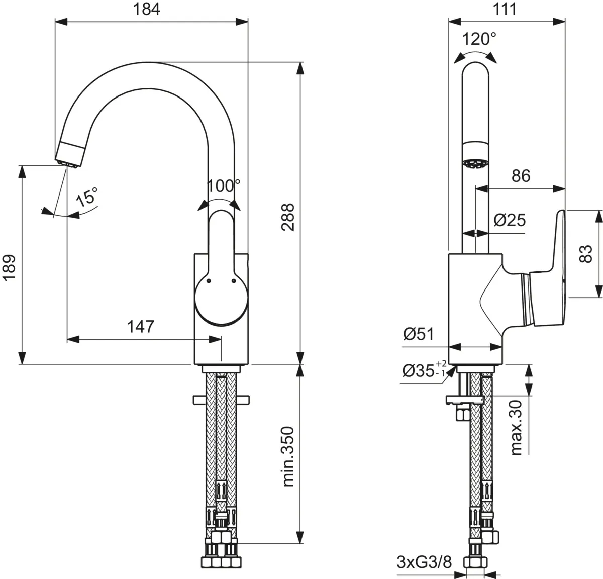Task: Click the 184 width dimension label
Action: click(146, 9)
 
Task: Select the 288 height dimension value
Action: click(287, 217)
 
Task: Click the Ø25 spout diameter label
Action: click(509, 220)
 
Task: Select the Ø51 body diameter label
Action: click(418, 334)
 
